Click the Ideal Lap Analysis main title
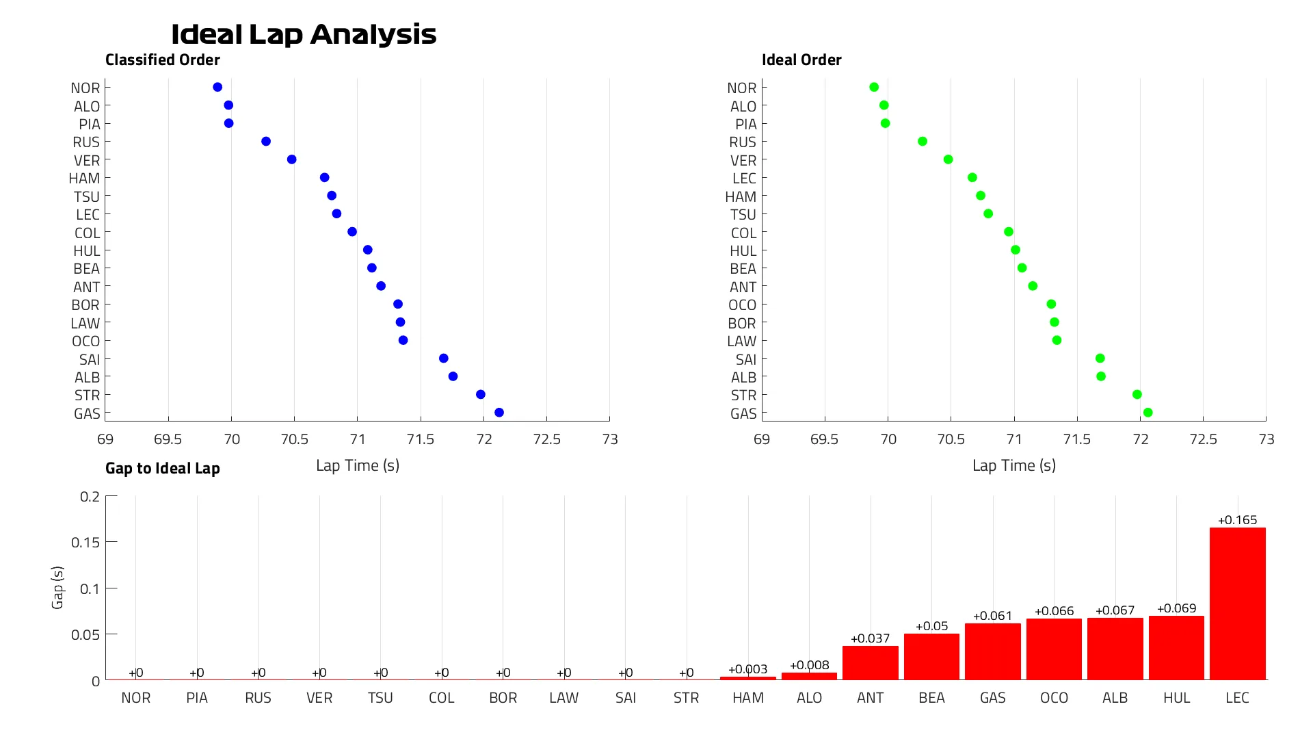(303, 34)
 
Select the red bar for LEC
(1237, 604)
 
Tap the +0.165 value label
(1237, 520)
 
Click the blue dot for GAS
(499, 413)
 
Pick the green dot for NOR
(874, 87)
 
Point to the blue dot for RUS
(266, 142)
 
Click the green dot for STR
(1137, 395)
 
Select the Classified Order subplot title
(163, 60)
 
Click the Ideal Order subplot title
(801, 60)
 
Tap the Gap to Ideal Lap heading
(163, 469)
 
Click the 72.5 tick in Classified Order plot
(546, 439)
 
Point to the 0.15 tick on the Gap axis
(85, 543)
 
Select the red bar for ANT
(870, 663)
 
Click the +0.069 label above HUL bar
(1176, 608)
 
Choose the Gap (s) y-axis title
(57, 588)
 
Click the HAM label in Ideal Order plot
(741, 197)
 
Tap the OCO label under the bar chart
(1054, 698)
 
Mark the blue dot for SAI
(444, 359)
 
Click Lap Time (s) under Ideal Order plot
(1014, 466)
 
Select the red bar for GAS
(992, 651)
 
